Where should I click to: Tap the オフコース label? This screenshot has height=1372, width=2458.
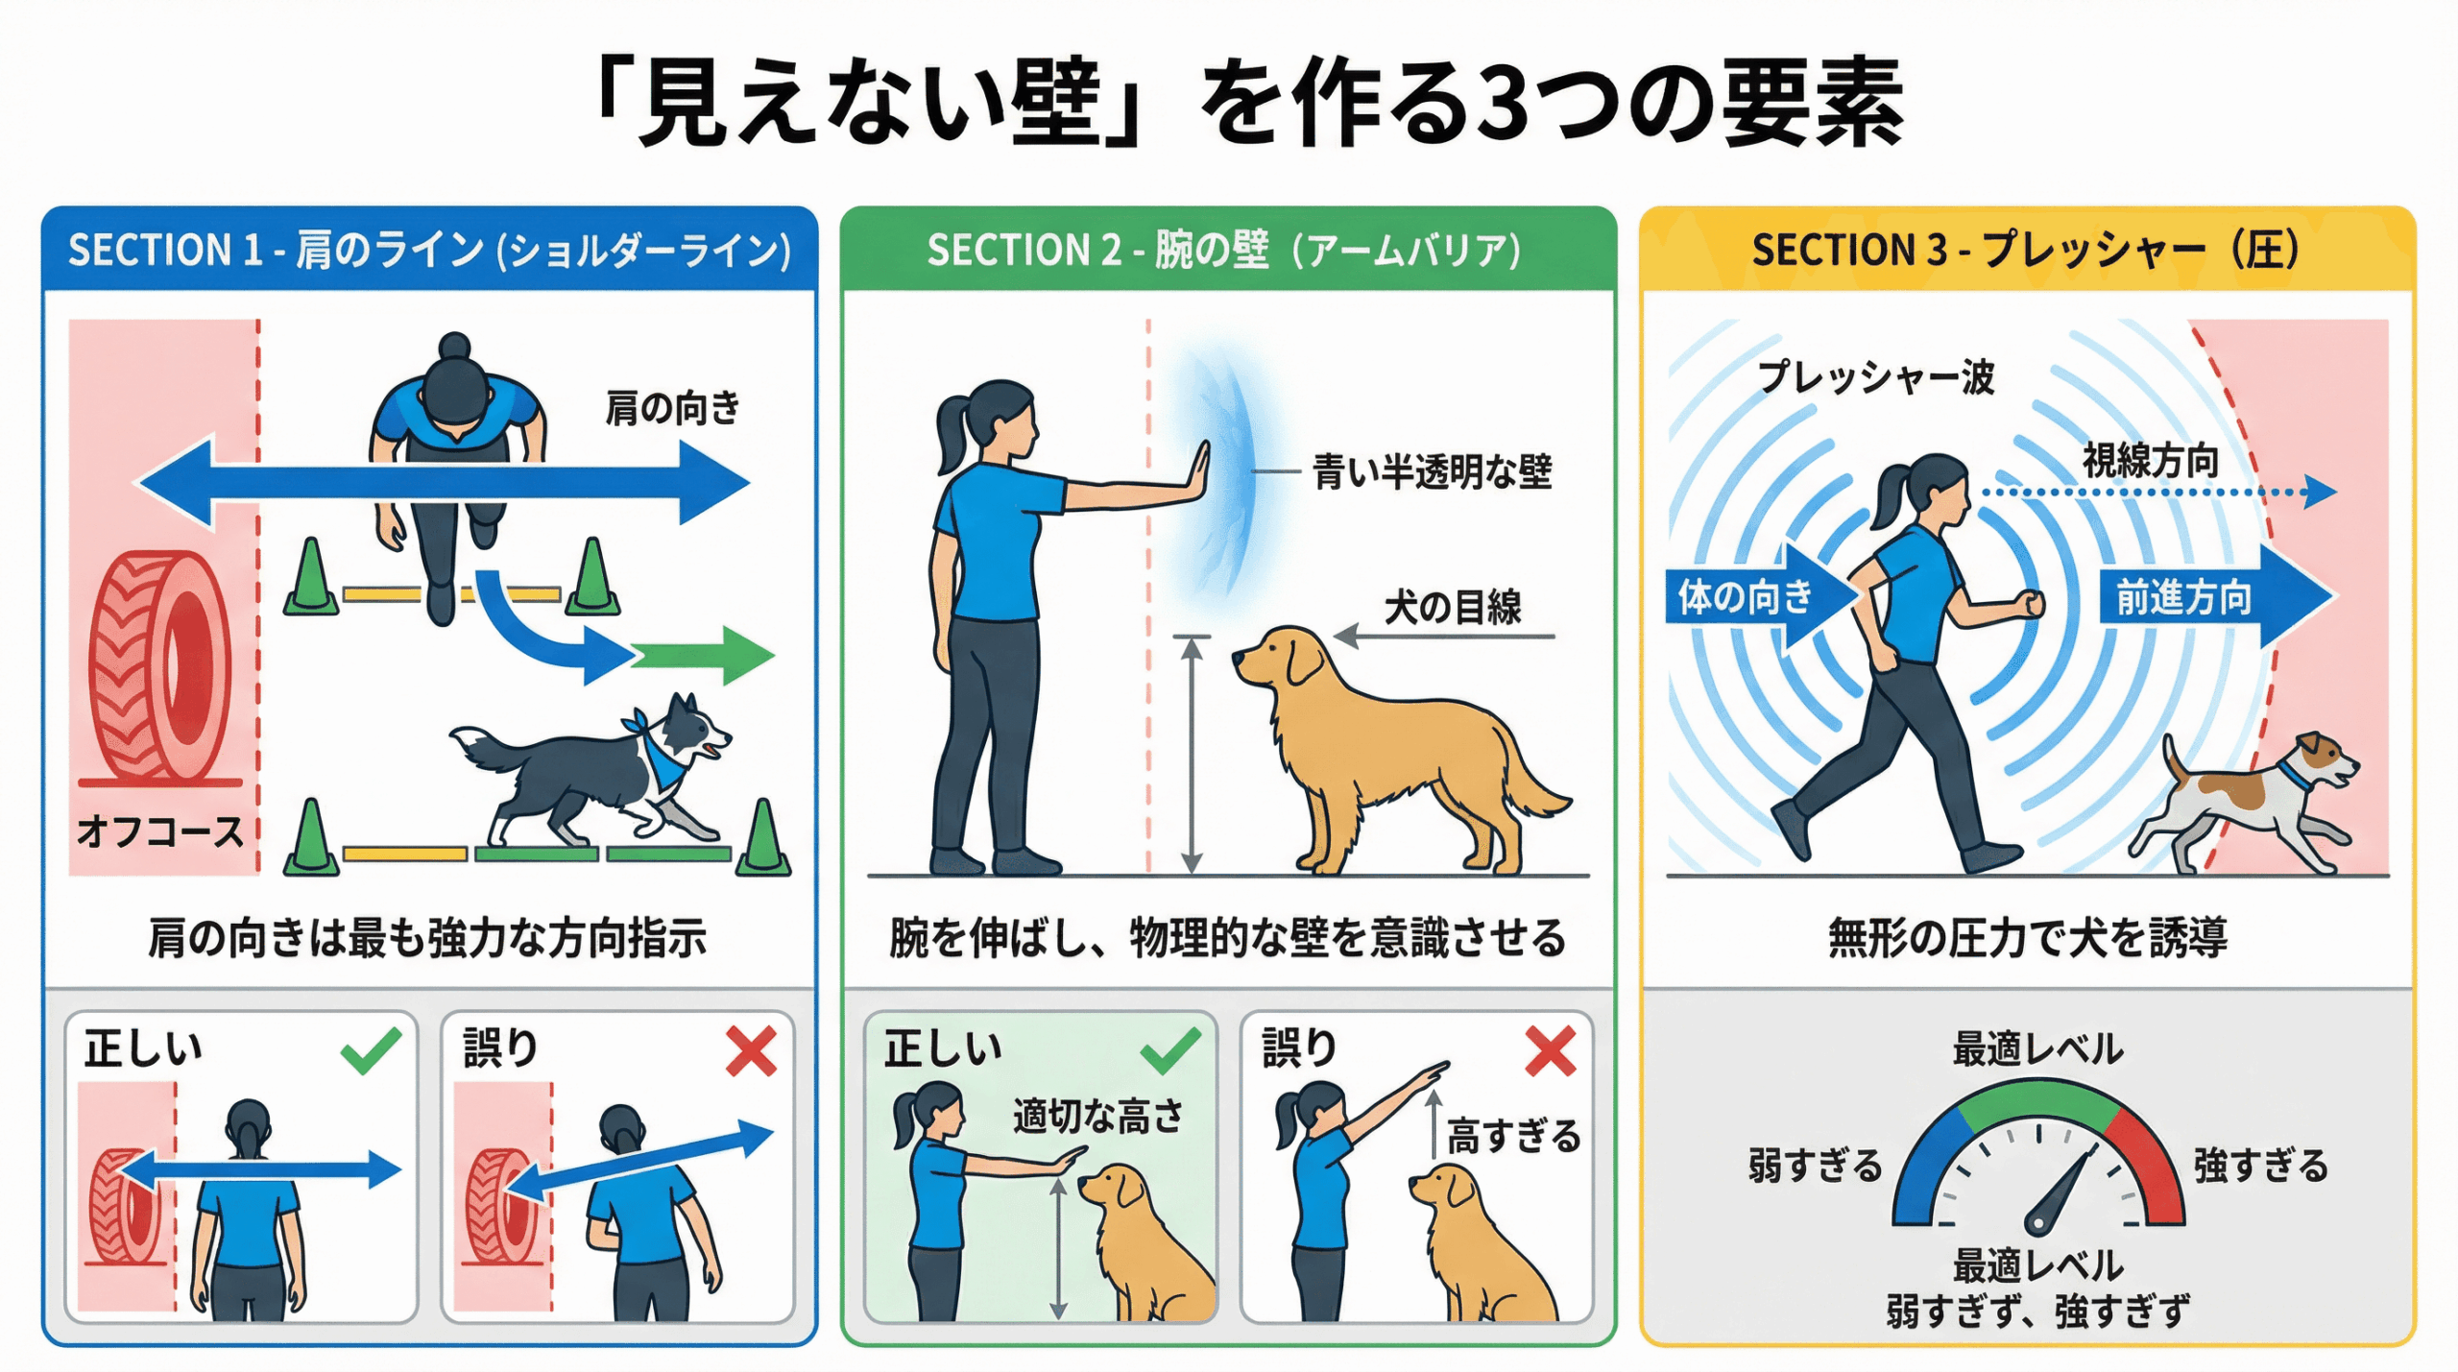coord(159,831)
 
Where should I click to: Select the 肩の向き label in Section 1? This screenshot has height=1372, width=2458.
coord(672,408)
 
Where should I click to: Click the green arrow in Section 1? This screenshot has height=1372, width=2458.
coord(702,656)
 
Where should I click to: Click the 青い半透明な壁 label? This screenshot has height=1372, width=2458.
coord(1432,471)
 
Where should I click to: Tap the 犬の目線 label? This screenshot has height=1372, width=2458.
coord(1453,607)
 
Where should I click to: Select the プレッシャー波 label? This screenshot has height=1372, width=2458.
coord(1875,376)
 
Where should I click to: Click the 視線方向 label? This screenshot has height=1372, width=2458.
coord(2150,461)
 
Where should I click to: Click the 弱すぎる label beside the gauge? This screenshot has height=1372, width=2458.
coord(1815,1166)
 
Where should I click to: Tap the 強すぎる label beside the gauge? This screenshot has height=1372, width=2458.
coord(2261,1166)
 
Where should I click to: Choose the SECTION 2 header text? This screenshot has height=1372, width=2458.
coord(1223,250)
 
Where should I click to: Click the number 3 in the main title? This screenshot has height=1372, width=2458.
coord(1504,102)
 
